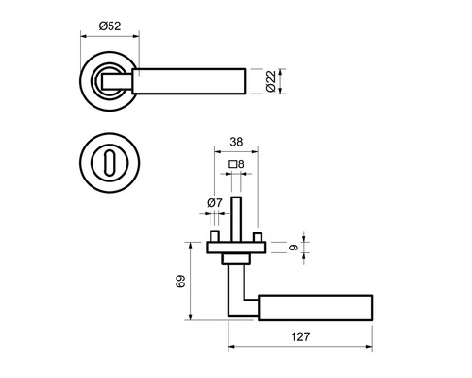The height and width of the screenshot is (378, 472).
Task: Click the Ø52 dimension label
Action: (x=110, y=26)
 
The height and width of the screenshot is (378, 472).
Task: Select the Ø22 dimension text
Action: (x=271, y=81)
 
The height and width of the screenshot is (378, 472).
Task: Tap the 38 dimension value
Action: (x=236, y=142)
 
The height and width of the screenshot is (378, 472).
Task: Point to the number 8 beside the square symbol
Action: (x=241, y=164)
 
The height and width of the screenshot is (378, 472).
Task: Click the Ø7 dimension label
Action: (x=214, y=202)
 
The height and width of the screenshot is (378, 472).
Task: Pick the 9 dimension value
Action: (x=294, y=248)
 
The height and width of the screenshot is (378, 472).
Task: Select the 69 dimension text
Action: (x=180, y=282)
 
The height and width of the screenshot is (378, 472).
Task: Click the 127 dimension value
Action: (x=300, y=336)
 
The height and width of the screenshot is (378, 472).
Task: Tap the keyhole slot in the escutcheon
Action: (x=110, y=163)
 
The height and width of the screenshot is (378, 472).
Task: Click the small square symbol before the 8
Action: (x=233, y=164)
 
